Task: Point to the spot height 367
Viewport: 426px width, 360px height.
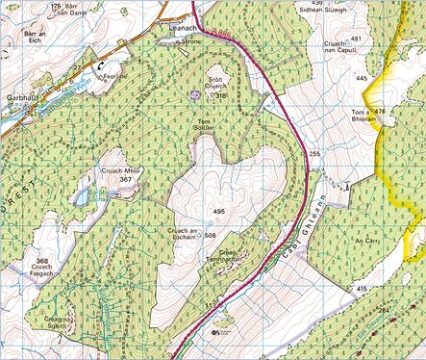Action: pos(125,180)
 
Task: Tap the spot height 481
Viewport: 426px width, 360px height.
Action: pos(357,39)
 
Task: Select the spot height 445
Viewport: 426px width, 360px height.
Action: pos(362,76)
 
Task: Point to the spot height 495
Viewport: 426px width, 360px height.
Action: pos(218,211)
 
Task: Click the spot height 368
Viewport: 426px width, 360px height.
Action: pos(40,261)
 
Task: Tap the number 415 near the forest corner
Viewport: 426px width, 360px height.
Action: pos(361,289)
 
